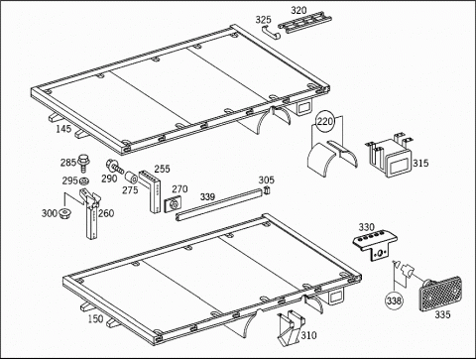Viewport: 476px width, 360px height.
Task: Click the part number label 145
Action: pos(63,129)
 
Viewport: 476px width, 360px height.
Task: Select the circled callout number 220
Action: pos(325,122)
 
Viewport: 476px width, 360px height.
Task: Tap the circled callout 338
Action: pos(394,300)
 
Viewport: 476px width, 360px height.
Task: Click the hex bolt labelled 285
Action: pos(84,163)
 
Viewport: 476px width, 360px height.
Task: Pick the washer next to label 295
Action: pos(84,180)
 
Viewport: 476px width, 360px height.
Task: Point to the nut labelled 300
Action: pos(65,213)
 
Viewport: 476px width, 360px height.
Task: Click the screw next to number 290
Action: pos(115,166)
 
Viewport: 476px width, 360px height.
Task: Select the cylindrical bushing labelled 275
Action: pos(132,179)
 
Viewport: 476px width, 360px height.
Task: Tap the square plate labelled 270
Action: pos(173,205)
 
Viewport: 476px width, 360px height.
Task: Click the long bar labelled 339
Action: pos(219,205)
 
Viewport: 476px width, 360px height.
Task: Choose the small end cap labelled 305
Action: pos(267,190)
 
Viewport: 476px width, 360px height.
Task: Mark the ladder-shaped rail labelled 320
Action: pos(304,22)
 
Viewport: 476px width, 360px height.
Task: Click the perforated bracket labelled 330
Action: pos(376,246)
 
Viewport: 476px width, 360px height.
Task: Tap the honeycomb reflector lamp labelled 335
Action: pos(440,295)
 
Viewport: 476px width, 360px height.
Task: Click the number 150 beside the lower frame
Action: pos(95,319)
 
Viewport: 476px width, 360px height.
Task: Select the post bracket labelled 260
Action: pos(90,213)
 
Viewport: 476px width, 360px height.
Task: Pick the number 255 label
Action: pos(162,169)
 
